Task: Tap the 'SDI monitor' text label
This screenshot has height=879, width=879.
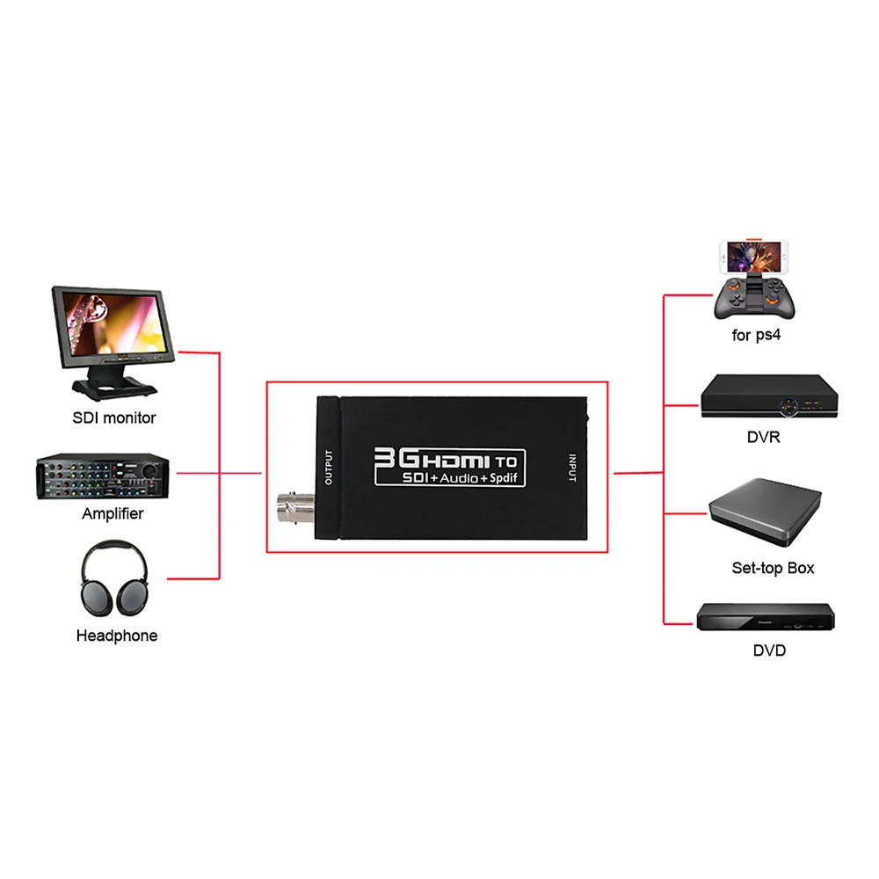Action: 114,418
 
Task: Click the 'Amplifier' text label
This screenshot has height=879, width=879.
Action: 113,513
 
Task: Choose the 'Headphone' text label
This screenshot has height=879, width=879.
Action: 117,636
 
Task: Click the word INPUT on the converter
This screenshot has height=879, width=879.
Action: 572,467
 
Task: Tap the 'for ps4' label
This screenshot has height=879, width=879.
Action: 756,335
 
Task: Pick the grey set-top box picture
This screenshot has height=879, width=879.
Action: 765,513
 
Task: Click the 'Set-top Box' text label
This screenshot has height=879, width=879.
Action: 774,568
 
